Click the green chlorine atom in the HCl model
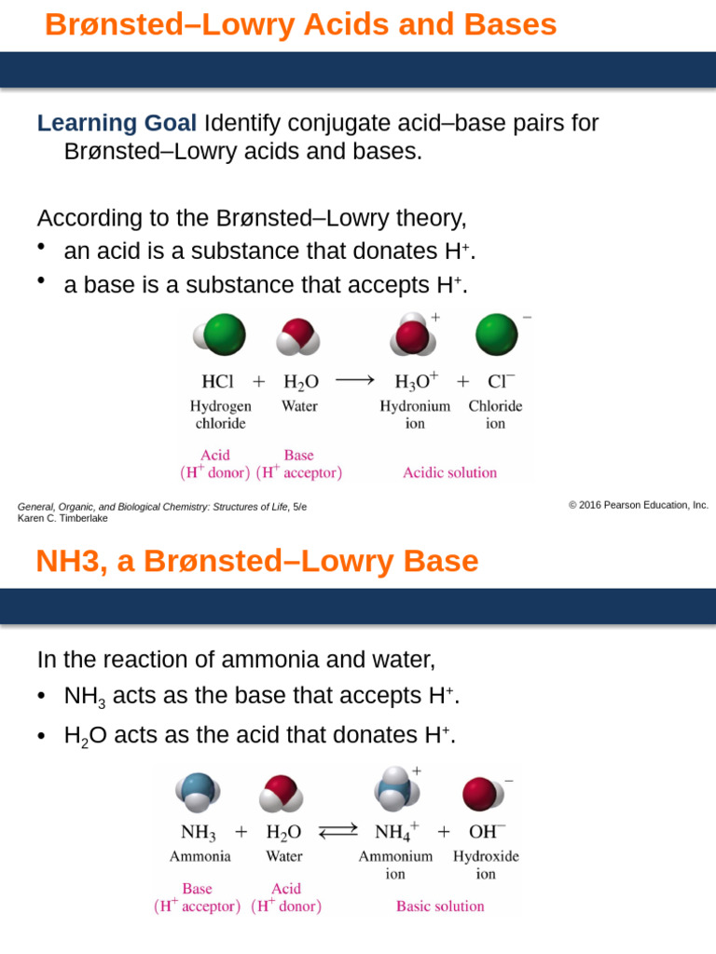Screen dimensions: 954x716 click(x=224, y=335)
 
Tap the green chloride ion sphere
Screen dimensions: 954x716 click(x=497, y=335)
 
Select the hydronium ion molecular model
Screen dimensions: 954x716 click(x=416, y=335)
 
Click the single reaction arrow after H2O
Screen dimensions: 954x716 click(x=355, y=380)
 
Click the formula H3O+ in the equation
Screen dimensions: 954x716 click(x=417, y=381)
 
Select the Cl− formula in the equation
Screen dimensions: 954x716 click(x=501, y=381)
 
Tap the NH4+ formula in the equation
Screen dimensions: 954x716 click(x=396, y=832)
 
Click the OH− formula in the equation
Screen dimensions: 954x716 click(x=487, y=832)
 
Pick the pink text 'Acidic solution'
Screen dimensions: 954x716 click(x=449, y=472)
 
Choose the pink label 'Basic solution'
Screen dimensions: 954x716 click(x=440, y=906)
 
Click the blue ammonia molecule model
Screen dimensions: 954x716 click(x=199, y=794)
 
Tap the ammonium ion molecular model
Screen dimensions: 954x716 click(x=397, y=789)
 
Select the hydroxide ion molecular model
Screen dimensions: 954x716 click(x=481, y=794)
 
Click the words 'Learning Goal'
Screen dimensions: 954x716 click(x=117, y=123)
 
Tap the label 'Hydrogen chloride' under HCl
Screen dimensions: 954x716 click(x=221, y=415)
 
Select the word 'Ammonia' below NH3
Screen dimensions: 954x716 click(x=200, y=855)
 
